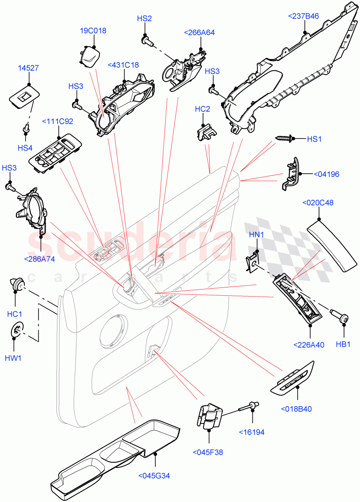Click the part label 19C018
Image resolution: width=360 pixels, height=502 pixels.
tap(93, 31)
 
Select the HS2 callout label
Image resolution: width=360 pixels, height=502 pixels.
tap(144, 18)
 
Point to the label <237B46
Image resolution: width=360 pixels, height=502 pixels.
tap(303, 16)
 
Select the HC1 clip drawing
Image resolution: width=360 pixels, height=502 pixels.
tap(17, 286)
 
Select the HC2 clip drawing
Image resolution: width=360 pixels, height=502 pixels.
tap(206, 131)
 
